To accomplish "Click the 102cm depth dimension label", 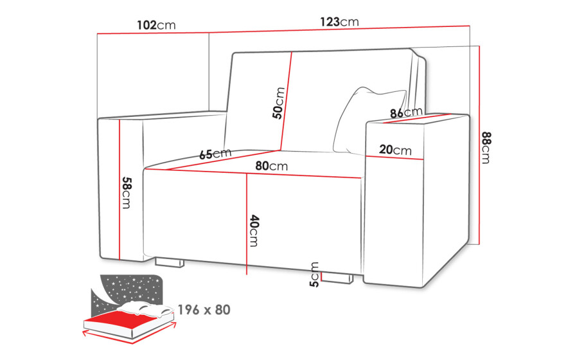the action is [156, 25].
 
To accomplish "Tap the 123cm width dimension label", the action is [339, 22].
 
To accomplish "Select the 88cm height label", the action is [486, 148].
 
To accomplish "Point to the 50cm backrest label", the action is [279, 103].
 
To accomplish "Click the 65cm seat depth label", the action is [215, 154].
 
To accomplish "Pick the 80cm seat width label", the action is [272, 166].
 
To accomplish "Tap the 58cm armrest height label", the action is [127, 192].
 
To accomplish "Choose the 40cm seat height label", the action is [254, 230].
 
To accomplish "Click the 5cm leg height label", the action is [314, 274].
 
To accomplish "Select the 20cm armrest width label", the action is [395, 150].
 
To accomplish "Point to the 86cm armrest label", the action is [406, 112].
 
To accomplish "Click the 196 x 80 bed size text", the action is [204, 310].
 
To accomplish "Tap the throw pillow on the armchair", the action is [368, 121].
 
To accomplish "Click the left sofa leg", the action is [170, 262].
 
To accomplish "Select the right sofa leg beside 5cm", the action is [337, 278].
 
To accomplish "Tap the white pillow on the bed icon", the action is [145, 308].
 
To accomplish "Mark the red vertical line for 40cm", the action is [247, 224].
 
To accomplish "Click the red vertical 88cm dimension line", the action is [479, 145].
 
